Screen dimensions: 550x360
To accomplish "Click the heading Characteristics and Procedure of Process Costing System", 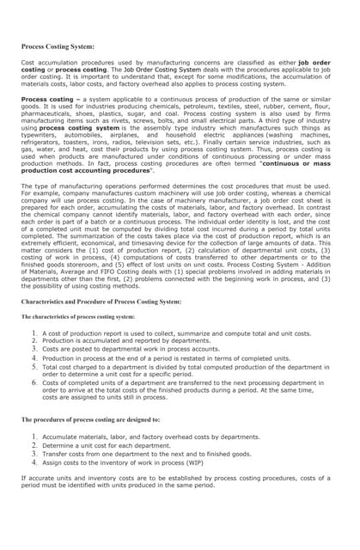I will pos(101,302).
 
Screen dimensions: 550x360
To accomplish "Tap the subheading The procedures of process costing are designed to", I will pos(90,419).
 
